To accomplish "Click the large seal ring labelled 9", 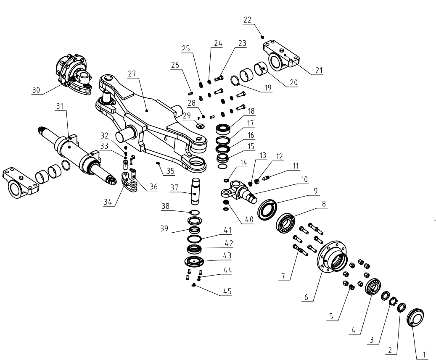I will pos(268,209).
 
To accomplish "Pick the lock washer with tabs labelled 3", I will pos(393,302).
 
